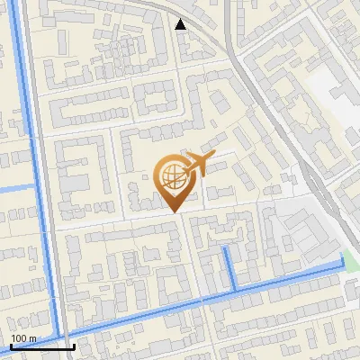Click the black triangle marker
tap(181, 24)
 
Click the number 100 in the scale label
tap(19, 338)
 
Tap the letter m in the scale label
tap(32, 338)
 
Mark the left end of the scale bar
tap(10, 346)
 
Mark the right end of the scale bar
tap(74, 346)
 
